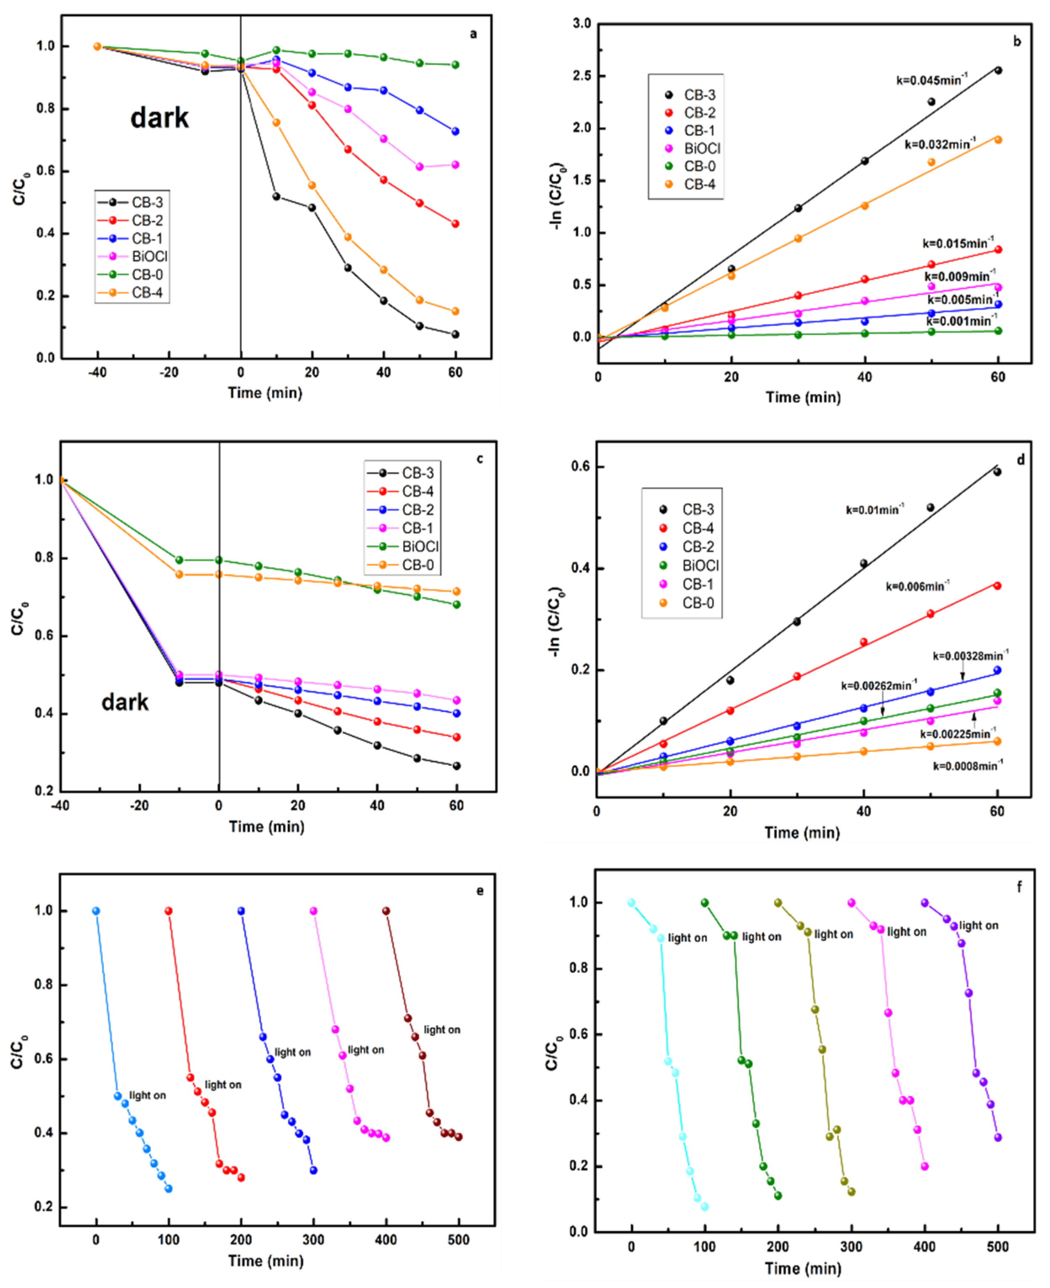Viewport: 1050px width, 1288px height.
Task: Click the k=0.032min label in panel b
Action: (x=939, y=144)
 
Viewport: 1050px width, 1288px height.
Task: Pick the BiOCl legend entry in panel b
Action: (x=702, y=148)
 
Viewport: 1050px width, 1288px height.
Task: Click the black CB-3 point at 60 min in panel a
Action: (x=455, y=334)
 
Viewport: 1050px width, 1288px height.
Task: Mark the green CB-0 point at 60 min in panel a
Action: (x=455, y=65)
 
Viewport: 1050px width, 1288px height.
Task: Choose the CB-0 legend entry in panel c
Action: (x=417, y=564)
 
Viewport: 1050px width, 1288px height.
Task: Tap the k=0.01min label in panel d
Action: (x=874, y=509)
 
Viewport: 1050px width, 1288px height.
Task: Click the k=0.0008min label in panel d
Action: (x=967, y=766)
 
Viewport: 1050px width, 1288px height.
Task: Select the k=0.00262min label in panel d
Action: (x=878, y=686)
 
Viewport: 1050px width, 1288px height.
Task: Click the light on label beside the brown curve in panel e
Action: (x=442, y=1029)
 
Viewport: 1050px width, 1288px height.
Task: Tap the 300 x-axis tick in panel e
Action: (x=313, y=1240)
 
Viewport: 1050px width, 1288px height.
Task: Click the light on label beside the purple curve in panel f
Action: (x=978, y=925)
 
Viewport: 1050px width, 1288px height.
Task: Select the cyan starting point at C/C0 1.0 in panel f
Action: (x=632, y=903)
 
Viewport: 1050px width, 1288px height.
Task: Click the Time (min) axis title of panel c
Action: (x=266, y=827)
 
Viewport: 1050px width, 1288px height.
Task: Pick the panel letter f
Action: (x=1019, y=888)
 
